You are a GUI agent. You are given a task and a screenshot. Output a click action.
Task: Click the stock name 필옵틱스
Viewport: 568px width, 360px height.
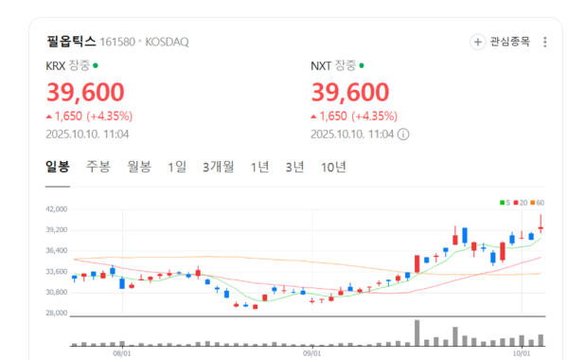71,42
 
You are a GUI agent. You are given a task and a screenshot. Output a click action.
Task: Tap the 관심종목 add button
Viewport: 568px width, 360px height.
502,42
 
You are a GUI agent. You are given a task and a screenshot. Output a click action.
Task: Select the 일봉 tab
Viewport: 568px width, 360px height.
58,167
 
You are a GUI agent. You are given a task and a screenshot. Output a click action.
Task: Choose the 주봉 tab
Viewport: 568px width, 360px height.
98,167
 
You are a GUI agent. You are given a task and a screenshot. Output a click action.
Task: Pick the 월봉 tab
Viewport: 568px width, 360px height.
139,167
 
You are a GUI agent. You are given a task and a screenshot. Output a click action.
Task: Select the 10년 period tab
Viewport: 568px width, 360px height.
333,167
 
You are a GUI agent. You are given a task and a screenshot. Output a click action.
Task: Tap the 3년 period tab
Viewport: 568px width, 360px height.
294,167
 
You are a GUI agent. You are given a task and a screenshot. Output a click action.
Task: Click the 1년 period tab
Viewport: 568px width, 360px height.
259,167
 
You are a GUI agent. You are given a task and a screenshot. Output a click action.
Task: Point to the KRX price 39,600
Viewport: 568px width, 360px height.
85,93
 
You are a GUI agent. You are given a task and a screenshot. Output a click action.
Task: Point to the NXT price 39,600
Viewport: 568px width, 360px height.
350,93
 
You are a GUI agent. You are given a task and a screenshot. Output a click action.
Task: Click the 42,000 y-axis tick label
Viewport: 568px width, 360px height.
58,209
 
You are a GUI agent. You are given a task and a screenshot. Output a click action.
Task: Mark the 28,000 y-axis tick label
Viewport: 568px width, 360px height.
58,313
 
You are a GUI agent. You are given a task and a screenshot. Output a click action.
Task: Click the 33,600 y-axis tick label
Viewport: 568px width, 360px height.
58,271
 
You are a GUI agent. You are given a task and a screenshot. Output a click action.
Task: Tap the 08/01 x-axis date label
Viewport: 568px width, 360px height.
121,352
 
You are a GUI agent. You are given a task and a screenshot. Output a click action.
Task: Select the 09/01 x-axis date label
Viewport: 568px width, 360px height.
311,352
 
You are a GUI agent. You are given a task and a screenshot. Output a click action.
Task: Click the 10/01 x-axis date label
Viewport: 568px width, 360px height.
523,352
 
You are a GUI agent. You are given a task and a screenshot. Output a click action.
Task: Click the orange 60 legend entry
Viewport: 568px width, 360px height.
538,203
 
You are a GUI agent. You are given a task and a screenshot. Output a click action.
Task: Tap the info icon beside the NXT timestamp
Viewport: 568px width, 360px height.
403,134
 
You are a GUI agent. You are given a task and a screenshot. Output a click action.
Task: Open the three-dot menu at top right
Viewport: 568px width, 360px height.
542,42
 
